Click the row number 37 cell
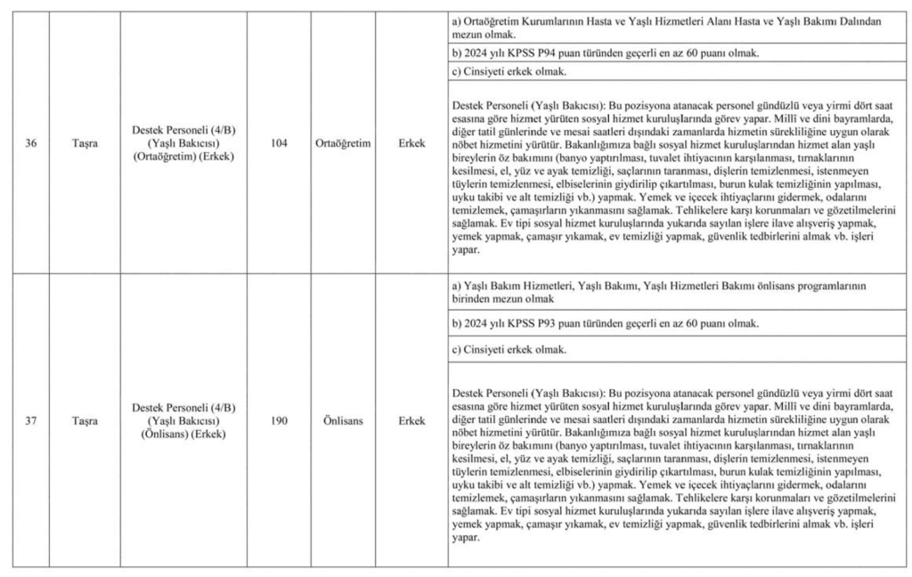tap(31, 421)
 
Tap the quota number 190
tap(280, 421)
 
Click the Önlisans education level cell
tap(343, 421)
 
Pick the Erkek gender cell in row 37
tap(411, 421)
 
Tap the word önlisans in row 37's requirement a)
tap(777, 286)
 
